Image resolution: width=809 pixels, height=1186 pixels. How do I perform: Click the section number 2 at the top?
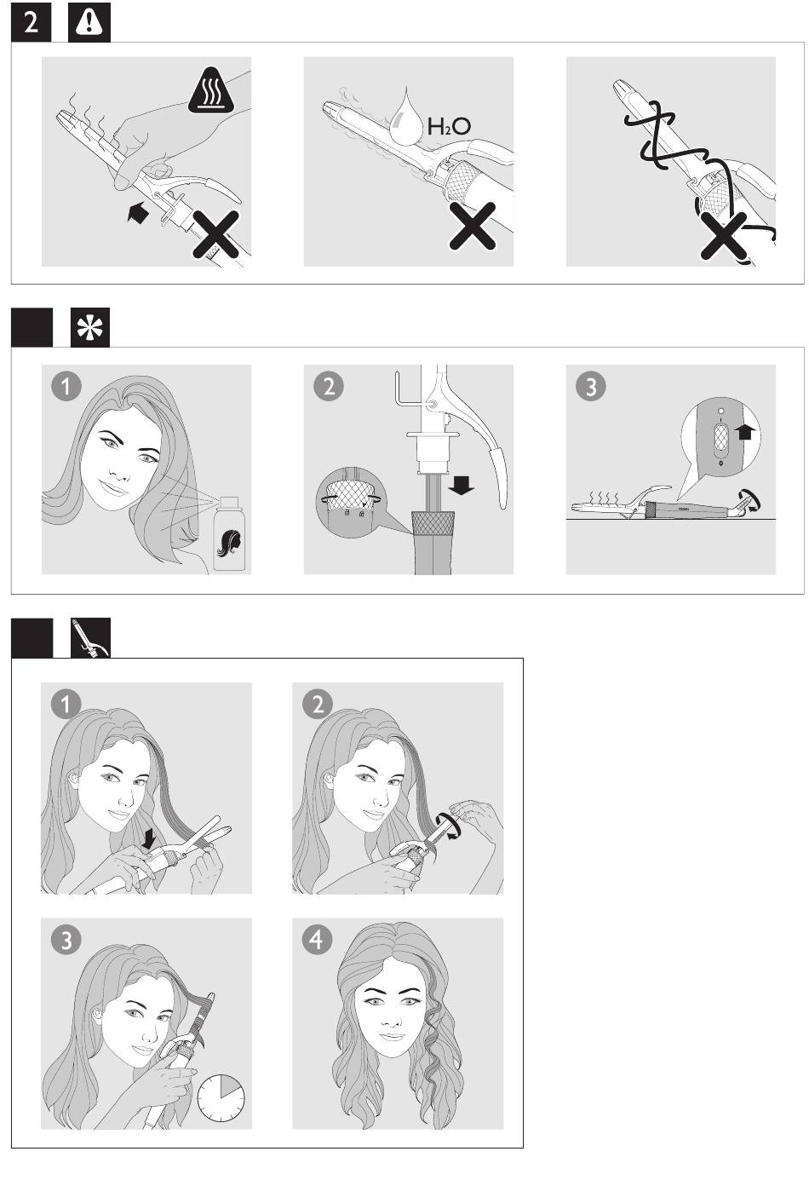point(32,22)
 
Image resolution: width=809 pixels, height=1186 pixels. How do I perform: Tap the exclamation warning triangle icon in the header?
point(89,22)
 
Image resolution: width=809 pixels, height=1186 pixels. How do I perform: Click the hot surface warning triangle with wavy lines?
point(212,90)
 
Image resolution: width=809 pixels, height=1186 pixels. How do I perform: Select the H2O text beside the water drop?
point(448,127)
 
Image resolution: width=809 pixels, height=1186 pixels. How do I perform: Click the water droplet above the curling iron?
point(406,117)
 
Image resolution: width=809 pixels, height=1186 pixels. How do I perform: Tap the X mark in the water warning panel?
point(472,226)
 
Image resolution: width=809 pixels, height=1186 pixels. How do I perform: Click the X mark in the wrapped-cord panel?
point(725,237)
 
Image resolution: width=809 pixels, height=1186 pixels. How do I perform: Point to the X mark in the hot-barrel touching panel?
point(215,233)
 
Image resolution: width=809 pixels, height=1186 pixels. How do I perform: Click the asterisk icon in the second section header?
point(90,327)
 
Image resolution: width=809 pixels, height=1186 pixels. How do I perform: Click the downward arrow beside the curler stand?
point(462,484)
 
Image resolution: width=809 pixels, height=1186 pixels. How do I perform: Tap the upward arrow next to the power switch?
point(745,432)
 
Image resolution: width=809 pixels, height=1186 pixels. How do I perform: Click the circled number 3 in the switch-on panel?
point(591,386)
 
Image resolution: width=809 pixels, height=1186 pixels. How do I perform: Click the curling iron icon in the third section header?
point(90,637)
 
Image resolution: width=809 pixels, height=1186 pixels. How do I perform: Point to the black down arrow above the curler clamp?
point(150,838)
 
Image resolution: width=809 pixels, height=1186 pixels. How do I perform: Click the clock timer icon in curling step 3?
point(221,1097)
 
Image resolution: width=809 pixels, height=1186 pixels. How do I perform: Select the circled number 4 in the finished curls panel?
point(318,940)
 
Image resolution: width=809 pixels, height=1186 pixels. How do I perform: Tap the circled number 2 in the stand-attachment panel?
point(329,386)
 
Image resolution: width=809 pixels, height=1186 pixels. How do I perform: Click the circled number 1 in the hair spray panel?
point(66,386)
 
